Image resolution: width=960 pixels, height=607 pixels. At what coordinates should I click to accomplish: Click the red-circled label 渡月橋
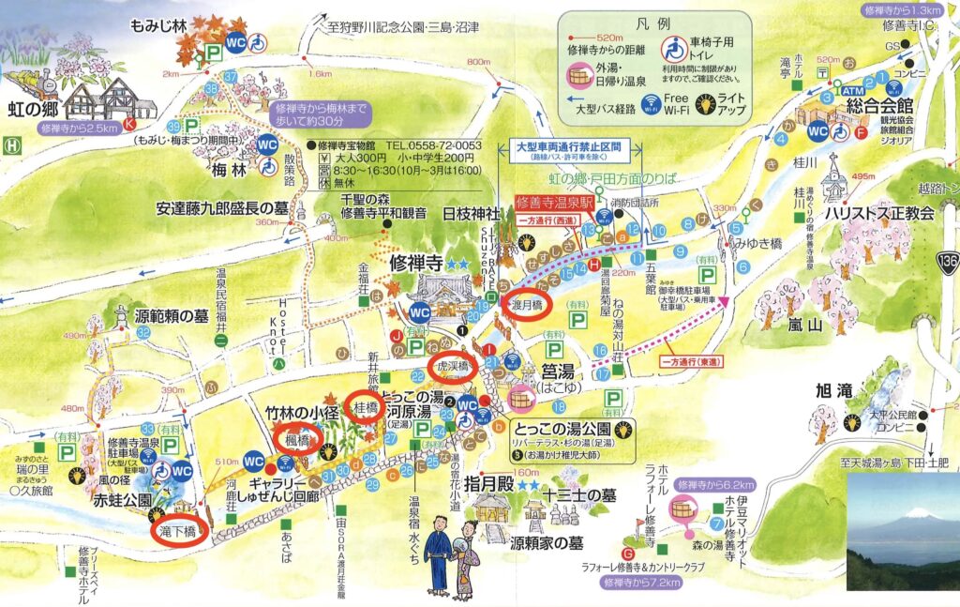click(532, 305)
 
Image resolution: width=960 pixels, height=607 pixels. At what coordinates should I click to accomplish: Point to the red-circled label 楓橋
click(297, 437)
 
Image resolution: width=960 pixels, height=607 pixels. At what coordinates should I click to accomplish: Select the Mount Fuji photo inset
click(902, 532)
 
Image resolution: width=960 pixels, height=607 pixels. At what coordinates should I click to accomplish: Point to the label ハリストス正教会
click(878, 214)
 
